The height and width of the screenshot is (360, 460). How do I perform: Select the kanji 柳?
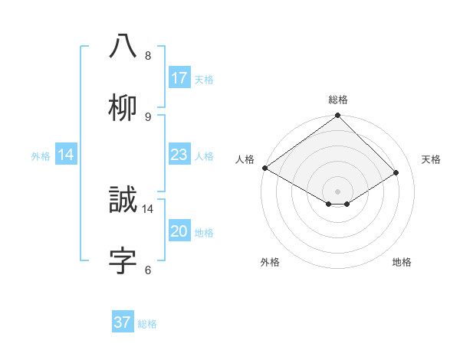123,107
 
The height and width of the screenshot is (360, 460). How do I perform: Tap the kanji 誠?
123,200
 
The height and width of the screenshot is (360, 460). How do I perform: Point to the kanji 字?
123,260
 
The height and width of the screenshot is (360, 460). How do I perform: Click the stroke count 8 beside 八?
147,56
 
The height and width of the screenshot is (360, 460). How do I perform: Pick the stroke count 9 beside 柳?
147,116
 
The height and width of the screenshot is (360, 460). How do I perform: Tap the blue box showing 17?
179,78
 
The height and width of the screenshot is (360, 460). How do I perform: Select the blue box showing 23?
179,155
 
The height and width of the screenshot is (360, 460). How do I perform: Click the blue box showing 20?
179,231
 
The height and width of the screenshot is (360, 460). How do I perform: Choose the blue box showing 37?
123,322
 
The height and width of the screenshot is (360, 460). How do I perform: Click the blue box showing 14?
66,155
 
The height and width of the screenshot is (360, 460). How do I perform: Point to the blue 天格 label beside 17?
204,79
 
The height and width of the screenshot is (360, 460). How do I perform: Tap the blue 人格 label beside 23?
204,155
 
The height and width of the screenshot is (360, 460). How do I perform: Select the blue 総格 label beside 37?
147,324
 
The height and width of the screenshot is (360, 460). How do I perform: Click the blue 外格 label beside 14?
41,155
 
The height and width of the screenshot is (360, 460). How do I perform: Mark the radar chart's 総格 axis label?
338,100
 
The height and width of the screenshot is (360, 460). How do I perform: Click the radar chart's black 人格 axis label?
245,159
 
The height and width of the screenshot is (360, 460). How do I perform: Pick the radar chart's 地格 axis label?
402,262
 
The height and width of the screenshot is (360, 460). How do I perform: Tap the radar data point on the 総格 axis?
338,116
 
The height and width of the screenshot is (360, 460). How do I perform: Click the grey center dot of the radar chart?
338,191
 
